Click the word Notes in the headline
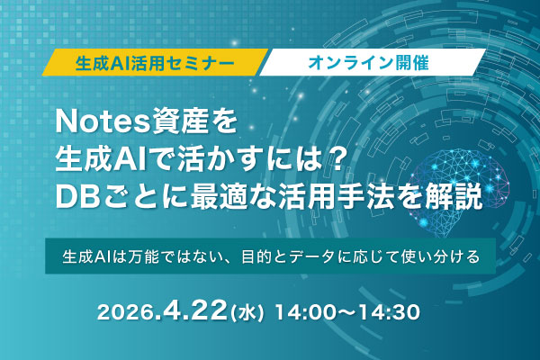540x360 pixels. pos(94,117)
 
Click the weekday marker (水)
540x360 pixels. pos(246,316)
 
